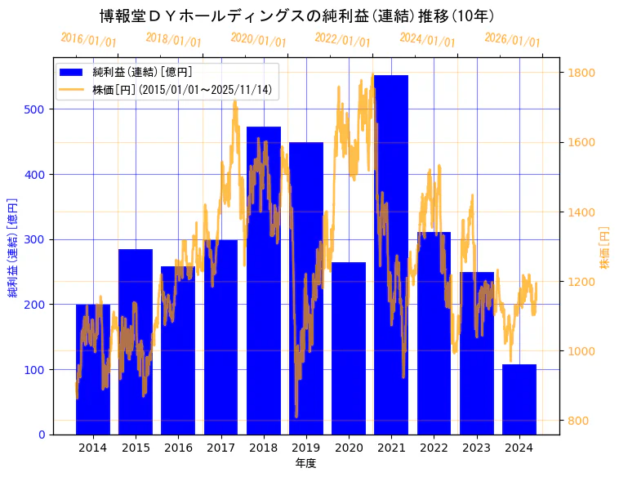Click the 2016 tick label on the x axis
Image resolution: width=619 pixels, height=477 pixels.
pos(178,448)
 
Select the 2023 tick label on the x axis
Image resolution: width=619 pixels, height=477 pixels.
pos(476,448)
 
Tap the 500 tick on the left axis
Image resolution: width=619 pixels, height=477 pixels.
pos(38,109)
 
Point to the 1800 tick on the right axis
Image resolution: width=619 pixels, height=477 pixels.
pos(582,73)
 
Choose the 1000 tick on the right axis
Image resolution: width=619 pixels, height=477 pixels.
pos(582,351)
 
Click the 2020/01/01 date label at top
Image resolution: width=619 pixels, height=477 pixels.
pos(259,39)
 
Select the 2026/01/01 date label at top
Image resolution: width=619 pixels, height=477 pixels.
pos(512,40)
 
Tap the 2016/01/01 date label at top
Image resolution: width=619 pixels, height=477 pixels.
pos(88,39)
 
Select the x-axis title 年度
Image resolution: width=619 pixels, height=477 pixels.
pos(305,463)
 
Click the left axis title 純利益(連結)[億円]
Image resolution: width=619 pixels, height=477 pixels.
pos(13,247)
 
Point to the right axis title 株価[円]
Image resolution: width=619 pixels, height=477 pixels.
pos(605,247)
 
